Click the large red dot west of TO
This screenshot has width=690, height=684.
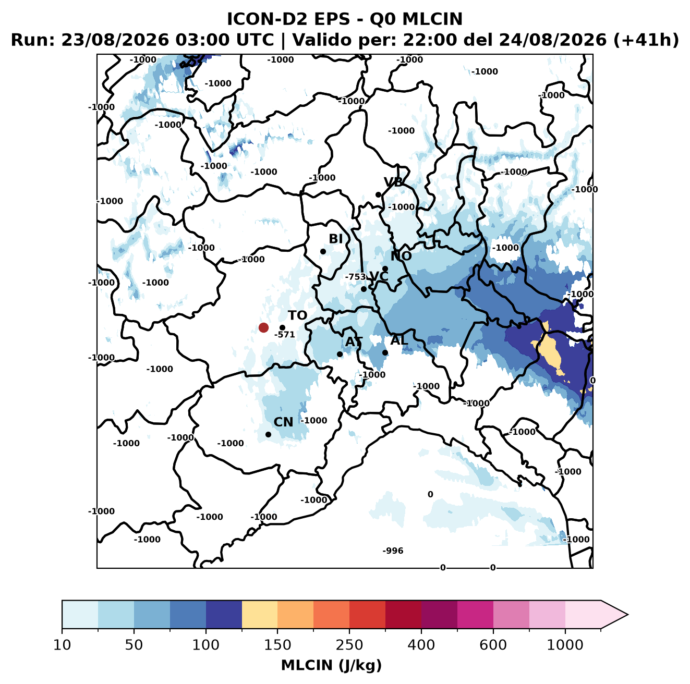click(x=263, y=327)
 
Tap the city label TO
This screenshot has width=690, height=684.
click(x=298, y=315)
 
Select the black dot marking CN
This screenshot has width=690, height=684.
click(x=268, y=434)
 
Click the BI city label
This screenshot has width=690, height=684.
click(x=335, y=239)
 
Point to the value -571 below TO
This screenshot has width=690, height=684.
click(x=285, y=335)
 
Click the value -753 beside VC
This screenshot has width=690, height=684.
click(x=355, y=277)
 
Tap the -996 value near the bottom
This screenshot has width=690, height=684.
click(x=393, y=551)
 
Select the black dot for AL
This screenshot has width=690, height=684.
click(x=385, y=352)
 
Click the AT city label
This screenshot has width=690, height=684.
click(x=354, y=342)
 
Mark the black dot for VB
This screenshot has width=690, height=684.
click(x=378, y=194)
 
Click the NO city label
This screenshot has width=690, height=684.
click(x=401, y=256)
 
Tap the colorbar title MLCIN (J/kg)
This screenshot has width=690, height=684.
click(x=331, y=666)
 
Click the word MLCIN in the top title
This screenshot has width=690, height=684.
click(x=432, y=19)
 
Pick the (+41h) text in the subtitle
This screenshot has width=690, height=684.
click(x=646, y=40)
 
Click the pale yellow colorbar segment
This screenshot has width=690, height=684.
click(x=260, y=614)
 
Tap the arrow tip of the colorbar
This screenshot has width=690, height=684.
click(x=627, y=615)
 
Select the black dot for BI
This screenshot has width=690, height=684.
click(x=323, y=252)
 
